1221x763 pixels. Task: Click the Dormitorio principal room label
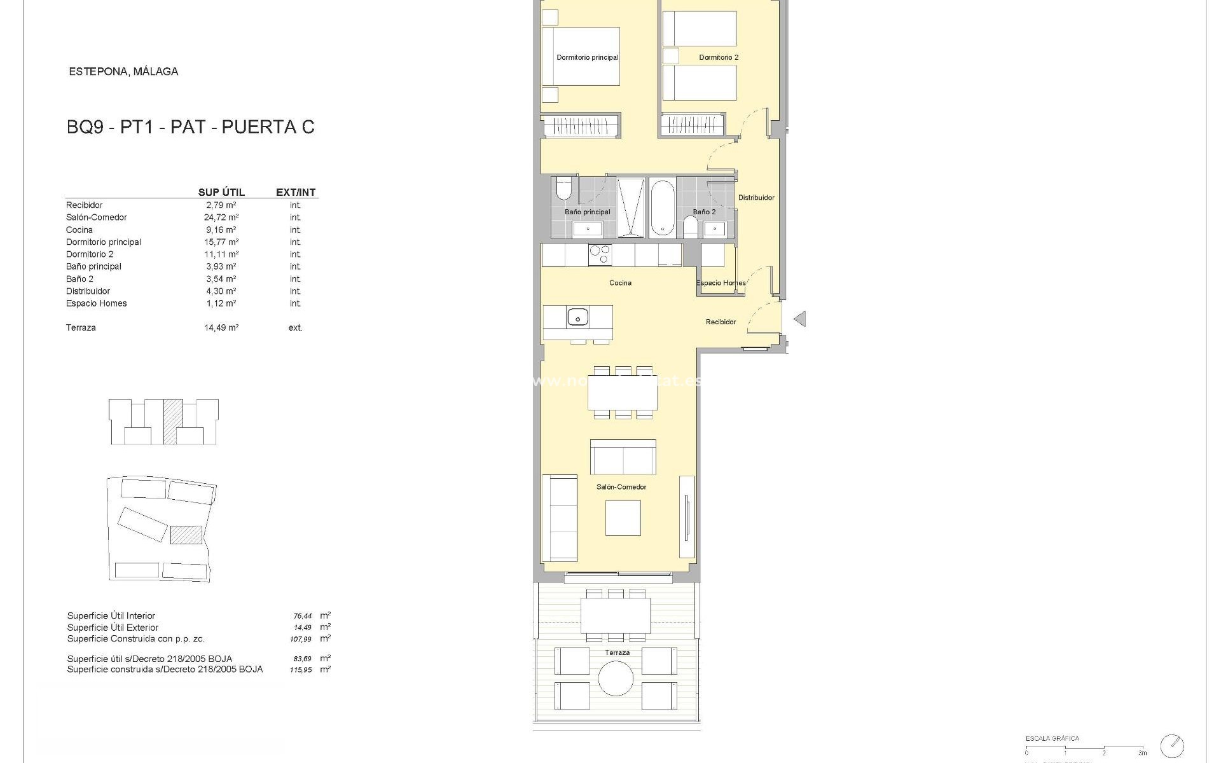(587, 57)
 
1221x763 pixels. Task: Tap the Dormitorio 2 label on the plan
(719, 57)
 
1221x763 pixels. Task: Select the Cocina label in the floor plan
(620, 283)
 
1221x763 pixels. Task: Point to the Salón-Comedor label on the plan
(621, 487)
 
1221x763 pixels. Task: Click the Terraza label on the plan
(617, 652)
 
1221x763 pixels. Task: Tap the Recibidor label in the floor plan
(721, 322)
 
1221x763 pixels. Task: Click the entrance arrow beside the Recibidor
(799, 319)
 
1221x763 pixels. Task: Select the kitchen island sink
(578, 316)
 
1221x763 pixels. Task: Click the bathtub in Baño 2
(662, 207)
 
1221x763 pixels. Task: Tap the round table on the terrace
(616, 678)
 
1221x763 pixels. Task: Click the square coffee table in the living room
(623, 518)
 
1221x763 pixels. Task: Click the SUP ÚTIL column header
(221, 192)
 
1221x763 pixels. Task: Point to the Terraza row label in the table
(81, 328)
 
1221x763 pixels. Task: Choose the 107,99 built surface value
(301, 639)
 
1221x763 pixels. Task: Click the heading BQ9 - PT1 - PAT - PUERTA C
(190, 127)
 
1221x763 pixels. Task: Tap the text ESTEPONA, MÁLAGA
(123, 72)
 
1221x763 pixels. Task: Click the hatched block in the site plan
(186, 534)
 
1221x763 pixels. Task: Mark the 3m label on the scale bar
(1142, 753)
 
